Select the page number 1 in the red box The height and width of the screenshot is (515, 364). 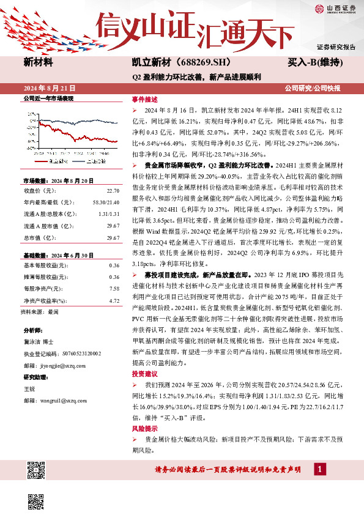point(319,469)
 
